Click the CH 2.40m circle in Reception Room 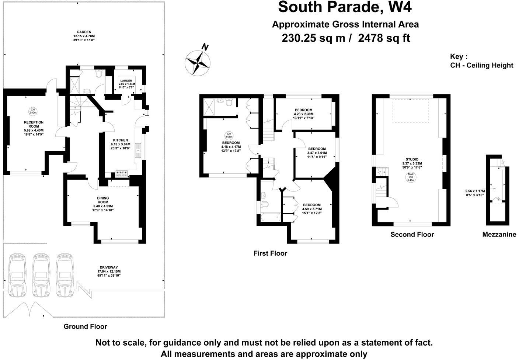32,111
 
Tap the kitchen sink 138,150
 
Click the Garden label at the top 84,36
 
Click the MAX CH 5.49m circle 410,177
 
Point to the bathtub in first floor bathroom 270,218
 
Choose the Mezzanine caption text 499,235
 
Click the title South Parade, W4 345,7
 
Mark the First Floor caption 270,253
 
